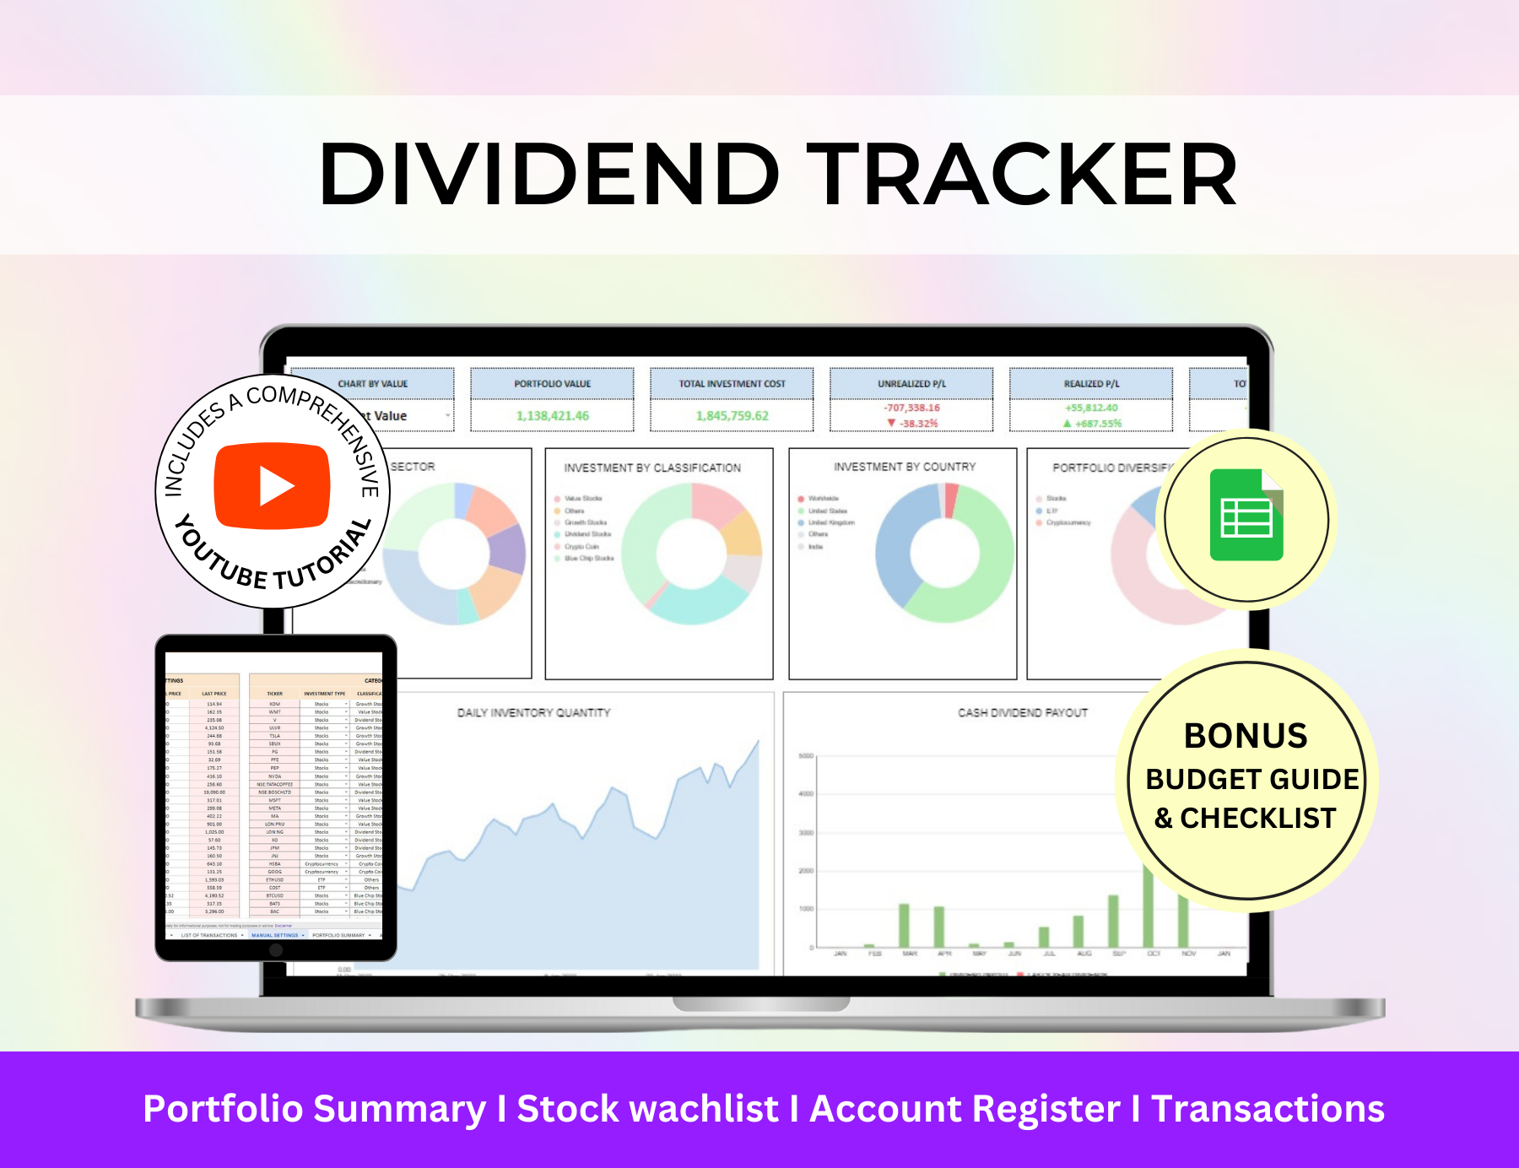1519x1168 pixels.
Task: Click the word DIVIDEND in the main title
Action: pos(549,175)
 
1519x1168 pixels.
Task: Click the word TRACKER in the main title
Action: pos(1023,175)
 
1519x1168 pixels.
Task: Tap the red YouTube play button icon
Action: pos(272,486)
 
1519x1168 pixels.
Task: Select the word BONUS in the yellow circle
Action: pos(1246,736)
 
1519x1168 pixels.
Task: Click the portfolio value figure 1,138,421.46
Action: pos(552,416)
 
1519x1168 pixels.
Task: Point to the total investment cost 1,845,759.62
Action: pos(732,416)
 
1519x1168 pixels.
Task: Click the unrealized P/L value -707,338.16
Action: pos(911,408)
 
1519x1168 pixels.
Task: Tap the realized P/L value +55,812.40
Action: pos(1091,408)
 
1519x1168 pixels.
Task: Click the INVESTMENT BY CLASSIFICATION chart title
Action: pos(652,468)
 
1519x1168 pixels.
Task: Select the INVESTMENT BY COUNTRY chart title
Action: pos(905,467)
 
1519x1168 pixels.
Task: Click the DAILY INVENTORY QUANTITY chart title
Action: pos(533,713)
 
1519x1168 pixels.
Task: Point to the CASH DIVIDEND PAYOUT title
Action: pos(1023,713)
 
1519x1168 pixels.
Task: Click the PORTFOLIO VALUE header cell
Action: pos(552,384)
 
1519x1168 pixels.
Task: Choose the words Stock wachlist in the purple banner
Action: pos(647,1109)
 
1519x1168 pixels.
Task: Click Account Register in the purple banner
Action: pos(965,1109)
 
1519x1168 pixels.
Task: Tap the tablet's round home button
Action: pos(276,950)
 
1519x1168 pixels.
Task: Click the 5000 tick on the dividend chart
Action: pos(806,756)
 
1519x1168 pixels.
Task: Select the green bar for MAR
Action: pos(904,926)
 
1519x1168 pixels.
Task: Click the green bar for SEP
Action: pos(1113,922)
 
